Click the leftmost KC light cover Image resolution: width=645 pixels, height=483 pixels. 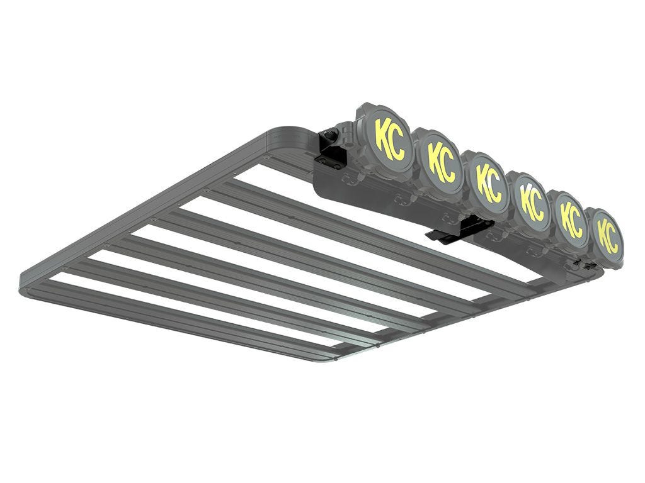click(x=384, y=135)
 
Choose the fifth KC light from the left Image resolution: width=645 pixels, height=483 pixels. click(x=570, y=218)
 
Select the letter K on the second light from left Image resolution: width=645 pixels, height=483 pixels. click(x=434, y=156)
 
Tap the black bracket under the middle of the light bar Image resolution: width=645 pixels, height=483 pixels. click(x=459, y=229)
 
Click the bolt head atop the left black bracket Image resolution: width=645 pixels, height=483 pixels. click(x=328, y=133)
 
